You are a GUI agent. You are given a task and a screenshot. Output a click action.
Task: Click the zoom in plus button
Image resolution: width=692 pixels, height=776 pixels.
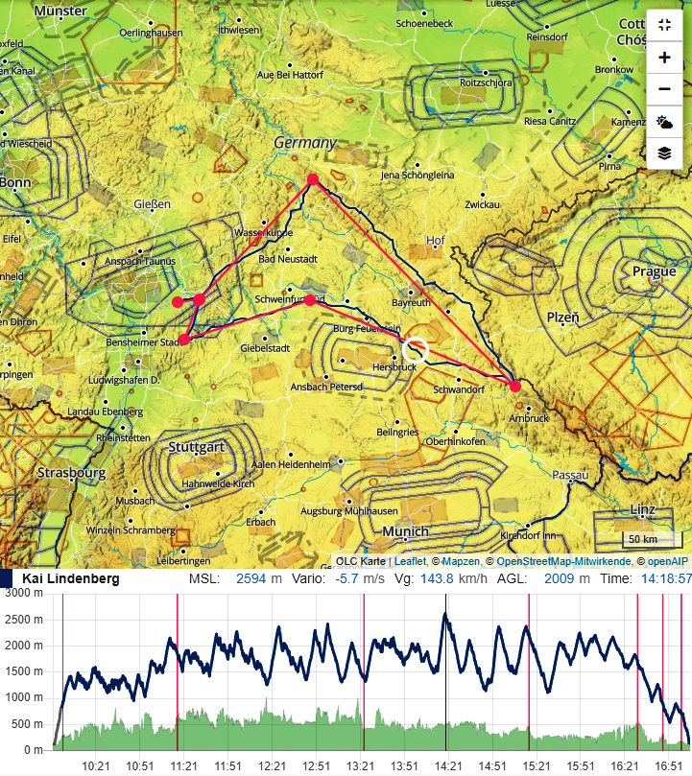click(664, 58)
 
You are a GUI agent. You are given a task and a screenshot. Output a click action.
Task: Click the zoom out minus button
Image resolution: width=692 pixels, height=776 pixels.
click(664, 89)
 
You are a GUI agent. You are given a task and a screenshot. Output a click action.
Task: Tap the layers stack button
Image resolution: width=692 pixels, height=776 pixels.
click(664, 153)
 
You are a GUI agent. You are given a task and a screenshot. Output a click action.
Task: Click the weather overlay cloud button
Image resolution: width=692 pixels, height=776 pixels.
click(664, 121)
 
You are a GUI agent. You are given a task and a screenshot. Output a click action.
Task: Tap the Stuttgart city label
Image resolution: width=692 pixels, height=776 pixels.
click(196, 448)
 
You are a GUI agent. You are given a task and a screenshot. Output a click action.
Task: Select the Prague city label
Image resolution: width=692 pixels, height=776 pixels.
click(654, 271)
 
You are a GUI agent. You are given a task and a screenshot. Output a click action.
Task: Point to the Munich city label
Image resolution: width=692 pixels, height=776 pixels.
click(405, 531)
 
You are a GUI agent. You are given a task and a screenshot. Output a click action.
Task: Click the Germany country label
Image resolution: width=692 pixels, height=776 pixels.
click(305, 143)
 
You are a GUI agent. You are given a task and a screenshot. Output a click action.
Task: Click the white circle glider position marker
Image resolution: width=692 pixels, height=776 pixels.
click(416, 350)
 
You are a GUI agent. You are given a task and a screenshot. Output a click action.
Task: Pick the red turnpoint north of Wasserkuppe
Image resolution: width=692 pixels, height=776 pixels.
click(312, 179)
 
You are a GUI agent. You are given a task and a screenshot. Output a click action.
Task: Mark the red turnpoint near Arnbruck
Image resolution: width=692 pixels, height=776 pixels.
click(515, 386)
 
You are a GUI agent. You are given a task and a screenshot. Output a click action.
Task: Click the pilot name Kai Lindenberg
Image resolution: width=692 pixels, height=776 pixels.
click(71, 579)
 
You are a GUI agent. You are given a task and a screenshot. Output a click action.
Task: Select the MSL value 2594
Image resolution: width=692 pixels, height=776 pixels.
click(251, 579)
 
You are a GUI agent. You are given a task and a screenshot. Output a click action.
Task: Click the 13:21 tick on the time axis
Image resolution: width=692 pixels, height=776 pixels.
click(360, 765)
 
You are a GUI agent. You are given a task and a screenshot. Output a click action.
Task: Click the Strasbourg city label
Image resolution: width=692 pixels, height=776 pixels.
click(70, 473)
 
